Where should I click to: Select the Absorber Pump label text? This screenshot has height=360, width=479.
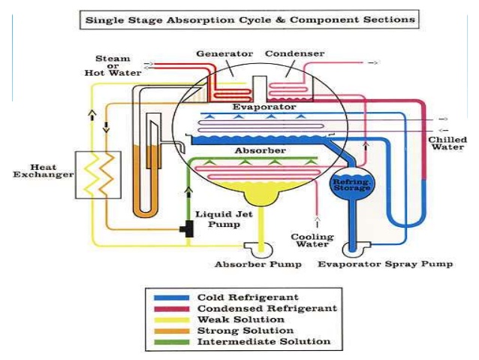tap(258, 265)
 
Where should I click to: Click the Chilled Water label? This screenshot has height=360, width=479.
tap(447, 143)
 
